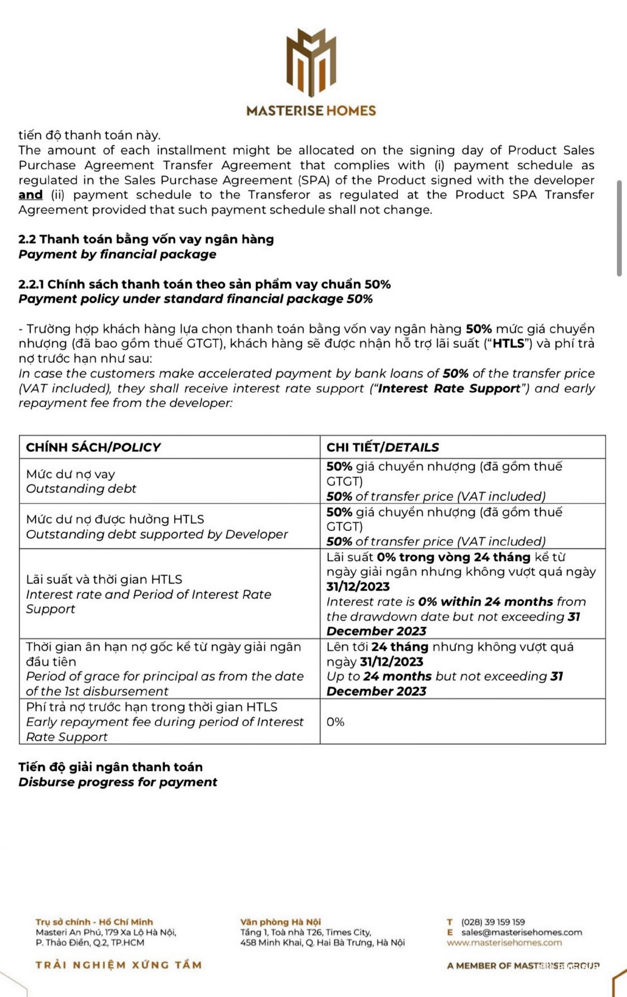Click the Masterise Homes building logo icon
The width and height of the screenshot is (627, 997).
[x=311, y=62]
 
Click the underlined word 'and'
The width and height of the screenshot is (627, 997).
[x=30, y=195]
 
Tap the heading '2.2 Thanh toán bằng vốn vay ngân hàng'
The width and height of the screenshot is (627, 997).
[x=146, y=239]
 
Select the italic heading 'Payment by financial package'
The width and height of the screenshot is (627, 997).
[x=117, y=254]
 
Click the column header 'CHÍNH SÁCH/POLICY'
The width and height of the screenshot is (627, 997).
[x=93, y=447]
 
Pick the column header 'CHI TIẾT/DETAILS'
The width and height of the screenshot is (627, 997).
[x=382, y=447]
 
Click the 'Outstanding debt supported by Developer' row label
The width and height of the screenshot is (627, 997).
[x=157, y=534]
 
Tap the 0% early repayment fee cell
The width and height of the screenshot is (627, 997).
[x=335, y=721]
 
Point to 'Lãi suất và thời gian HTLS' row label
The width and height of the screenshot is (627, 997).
[x=104, y=579]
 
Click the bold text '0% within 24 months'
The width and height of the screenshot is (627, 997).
[x=485, y=601]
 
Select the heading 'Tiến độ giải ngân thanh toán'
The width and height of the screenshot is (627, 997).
[x=110, y=767]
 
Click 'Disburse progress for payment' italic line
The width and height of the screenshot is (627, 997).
[x=118, y=782]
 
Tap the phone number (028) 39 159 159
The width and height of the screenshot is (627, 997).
[x=493, y=922]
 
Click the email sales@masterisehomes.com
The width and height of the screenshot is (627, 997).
[x=521, y=932]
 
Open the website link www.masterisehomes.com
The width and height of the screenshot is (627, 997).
[x=504, y=942]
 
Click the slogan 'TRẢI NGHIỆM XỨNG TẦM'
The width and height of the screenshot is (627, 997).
[x=119, y=965]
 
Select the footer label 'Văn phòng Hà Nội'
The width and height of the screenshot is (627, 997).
[x=280, y=922]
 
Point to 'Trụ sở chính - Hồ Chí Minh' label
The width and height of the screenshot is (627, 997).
[x=94, y=922]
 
